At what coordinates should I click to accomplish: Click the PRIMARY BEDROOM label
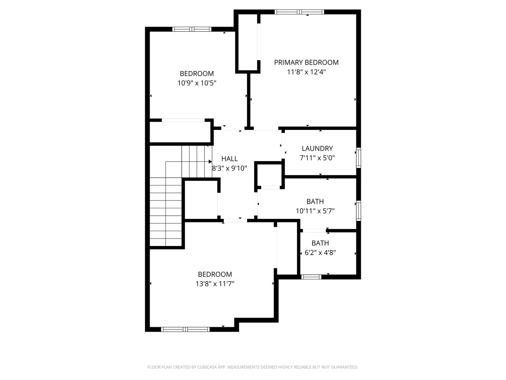306,63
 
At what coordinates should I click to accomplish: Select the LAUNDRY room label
317,148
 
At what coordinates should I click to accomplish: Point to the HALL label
229,159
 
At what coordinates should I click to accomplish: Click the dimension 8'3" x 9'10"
229,168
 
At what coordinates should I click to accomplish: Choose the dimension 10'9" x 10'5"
196,83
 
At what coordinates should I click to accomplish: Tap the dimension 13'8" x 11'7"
215,284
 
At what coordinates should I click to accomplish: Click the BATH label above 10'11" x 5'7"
315,202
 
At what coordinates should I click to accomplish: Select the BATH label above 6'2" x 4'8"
320,243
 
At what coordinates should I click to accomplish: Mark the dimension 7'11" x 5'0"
317,158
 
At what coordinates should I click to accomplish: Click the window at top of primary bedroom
299,12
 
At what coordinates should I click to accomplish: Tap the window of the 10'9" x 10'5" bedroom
192,29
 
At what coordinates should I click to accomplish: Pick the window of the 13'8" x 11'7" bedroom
185,329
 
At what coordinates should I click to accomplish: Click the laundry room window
358,158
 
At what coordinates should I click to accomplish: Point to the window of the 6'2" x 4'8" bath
311,277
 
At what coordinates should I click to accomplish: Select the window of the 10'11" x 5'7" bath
358,210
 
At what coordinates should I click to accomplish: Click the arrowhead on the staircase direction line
210,161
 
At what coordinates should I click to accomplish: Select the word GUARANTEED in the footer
345,367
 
